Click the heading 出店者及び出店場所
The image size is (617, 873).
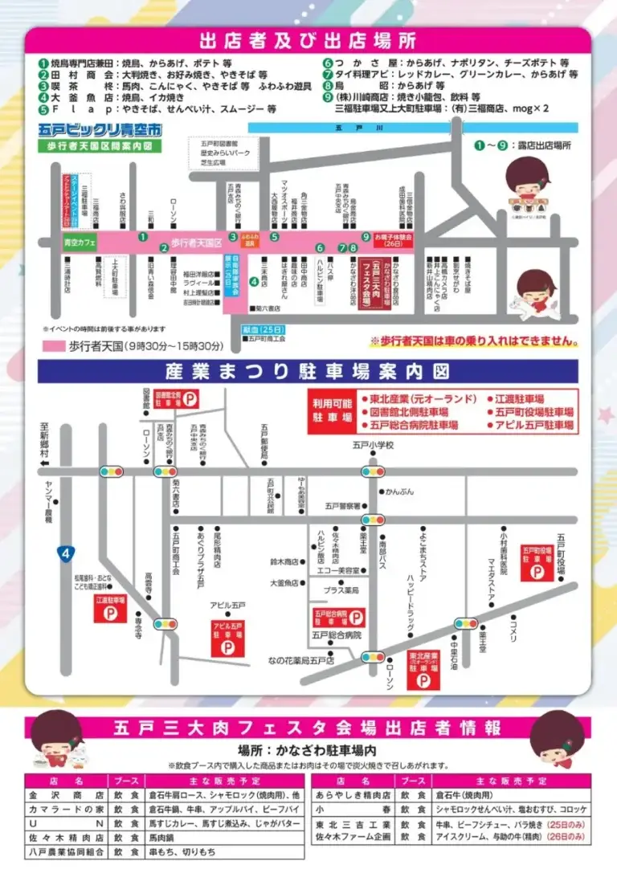coord(308,41)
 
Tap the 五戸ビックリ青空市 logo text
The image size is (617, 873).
coord(99,129)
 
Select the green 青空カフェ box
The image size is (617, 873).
coord(80,242)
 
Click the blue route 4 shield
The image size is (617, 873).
coord(64,553)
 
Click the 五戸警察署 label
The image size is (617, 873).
coord(342,506)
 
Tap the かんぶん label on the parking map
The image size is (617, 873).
coord(399,491)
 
